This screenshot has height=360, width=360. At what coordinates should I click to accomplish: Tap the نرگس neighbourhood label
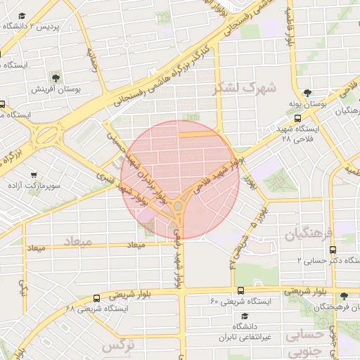[x=117, y=347]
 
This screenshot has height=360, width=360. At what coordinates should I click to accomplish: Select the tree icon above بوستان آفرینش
[x=55, y=77]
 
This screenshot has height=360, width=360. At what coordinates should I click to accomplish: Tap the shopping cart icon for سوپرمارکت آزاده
[x=34, y=174]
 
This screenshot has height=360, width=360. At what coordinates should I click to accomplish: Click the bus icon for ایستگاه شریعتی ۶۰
[x=240, y=290]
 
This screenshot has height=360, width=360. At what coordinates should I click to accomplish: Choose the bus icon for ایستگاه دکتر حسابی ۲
[x=332, y=249]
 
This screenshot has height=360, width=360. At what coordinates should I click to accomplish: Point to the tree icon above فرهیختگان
[x=343, y=296]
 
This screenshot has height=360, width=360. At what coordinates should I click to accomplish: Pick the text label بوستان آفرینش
[x=56, y=90]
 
